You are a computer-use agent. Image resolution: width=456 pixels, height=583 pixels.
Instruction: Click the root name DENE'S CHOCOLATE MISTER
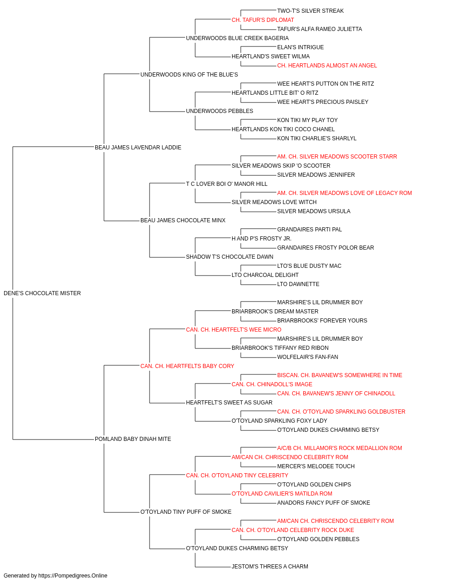(42, 293)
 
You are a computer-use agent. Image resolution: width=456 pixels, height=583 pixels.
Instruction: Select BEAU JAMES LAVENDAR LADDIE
(138, 148)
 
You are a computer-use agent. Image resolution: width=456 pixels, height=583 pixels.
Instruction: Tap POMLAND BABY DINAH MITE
(133, 439)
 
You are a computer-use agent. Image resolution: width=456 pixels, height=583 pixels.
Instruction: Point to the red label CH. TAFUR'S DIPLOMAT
(263, 20)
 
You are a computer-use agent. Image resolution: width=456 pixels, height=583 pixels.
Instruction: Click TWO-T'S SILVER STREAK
(311, 11)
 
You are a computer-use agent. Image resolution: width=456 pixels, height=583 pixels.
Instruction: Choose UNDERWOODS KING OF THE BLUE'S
(189, 75)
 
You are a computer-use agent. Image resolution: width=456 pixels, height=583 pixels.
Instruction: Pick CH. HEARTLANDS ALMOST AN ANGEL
(327, 66)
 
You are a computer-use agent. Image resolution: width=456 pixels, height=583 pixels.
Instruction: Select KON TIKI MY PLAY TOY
(307, 120)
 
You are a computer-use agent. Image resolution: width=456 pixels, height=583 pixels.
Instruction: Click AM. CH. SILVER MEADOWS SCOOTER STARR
(337, 157)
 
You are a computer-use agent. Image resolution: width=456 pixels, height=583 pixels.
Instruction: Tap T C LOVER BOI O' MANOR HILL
(227, 184)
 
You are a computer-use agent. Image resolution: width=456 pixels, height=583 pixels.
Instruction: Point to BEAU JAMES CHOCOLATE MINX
(183, 220)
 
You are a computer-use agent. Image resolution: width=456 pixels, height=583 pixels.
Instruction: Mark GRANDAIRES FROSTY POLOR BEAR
(326, 248)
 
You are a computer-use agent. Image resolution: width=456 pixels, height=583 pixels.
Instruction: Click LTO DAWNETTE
(298, 284)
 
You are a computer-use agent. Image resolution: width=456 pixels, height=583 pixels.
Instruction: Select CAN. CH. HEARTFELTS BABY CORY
(187, 366)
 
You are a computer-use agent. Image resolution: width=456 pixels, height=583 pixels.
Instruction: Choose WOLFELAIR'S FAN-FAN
(308, 357)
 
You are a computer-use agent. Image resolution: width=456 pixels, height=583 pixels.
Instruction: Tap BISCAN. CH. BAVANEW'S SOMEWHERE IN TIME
(340, 375)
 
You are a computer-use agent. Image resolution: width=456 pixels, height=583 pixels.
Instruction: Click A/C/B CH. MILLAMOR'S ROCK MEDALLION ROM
(340, 448)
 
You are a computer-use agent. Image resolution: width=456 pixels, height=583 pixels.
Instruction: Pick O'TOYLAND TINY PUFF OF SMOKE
(186, 512)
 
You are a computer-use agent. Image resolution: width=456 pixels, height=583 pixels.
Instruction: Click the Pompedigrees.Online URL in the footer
(73, 576)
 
